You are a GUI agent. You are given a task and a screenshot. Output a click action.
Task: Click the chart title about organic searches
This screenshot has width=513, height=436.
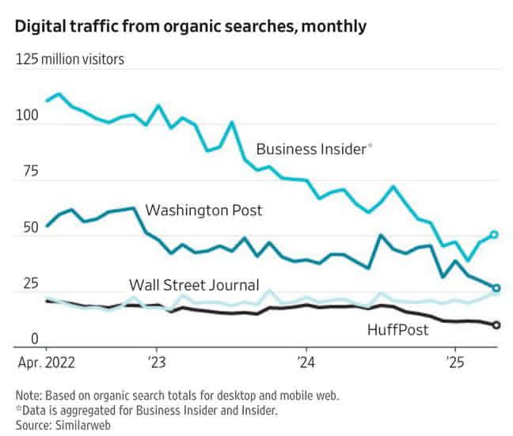[x=191, y=26]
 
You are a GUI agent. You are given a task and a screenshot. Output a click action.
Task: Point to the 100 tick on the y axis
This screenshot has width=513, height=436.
[x=27, y=116]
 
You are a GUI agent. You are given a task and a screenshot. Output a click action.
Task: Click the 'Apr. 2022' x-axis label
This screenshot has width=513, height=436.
[x=47, y=366]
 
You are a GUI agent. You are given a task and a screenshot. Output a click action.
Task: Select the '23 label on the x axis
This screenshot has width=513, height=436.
[x=156, y=366]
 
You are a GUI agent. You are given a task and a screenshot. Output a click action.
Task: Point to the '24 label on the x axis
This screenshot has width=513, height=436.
[x=306, y=366]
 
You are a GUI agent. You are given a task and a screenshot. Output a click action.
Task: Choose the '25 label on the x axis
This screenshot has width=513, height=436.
[x=454, y=366]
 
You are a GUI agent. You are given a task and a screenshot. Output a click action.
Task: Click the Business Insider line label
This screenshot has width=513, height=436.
[x=311, y=148]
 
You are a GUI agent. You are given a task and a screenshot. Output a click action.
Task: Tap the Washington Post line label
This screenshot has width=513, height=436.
[x=203, y=210]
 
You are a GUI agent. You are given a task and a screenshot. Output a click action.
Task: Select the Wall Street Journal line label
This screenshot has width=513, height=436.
[x=194, y=285]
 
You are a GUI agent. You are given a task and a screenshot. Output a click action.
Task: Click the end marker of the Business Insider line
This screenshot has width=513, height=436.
[x=495, y=234]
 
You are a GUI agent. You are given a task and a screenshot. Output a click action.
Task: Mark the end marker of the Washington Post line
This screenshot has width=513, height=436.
[x=496, y=288]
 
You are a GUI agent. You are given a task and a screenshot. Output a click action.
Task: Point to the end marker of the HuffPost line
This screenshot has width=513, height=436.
[x=496, y=325]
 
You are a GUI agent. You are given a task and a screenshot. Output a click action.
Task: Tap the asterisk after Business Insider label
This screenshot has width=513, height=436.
[x=370, y=145]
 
